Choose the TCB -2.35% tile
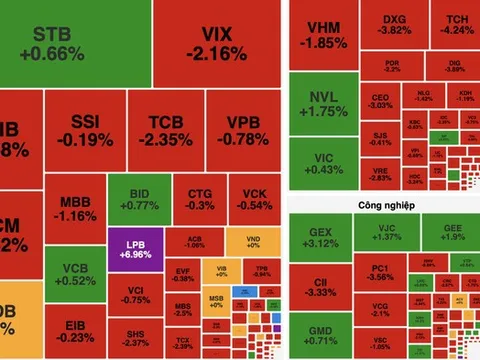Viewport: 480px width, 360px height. point(170,131)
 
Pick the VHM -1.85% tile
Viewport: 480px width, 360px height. point(322,35)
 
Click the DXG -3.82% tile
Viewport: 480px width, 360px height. point(389,24)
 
